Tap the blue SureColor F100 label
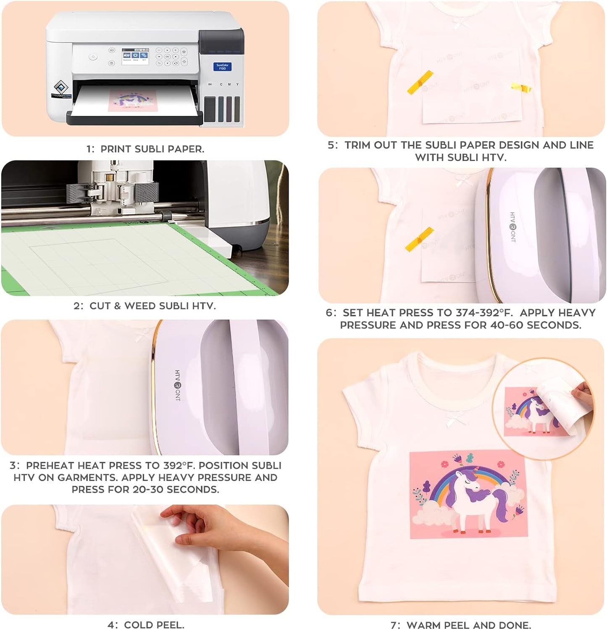222,66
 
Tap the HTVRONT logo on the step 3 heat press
177,385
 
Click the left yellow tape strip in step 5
420,82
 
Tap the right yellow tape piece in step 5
521,88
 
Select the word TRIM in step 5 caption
357,145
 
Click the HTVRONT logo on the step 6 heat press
513,227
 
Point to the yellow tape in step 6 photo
419,240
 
